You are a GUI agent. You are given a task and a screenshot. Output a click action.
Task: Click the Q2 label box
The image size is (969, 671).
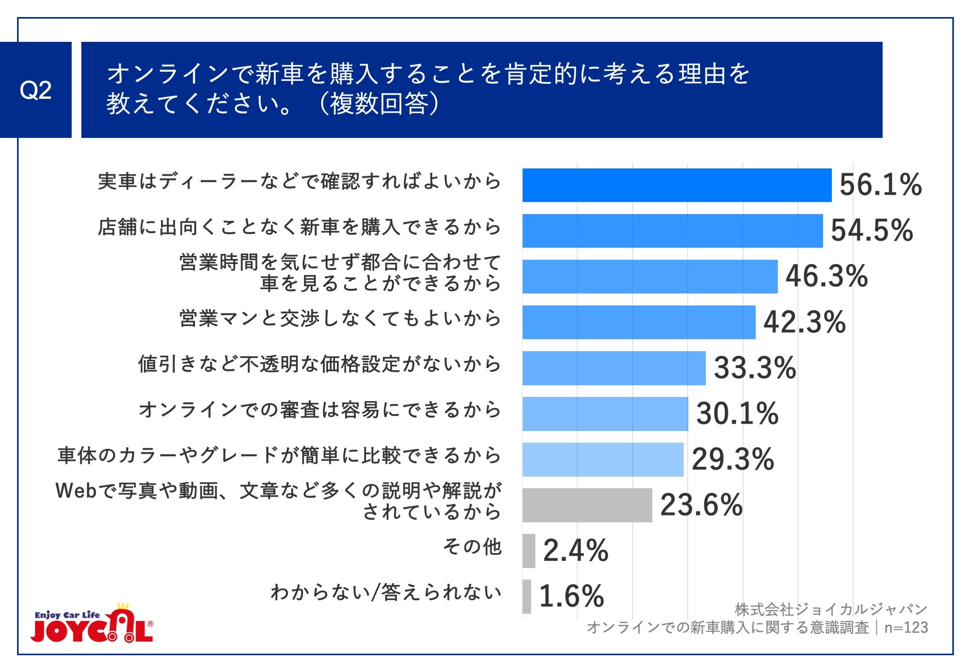[36, 90]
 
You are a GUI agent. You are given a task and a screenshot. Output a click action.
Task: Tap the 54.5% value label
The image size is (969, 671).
[871, 230]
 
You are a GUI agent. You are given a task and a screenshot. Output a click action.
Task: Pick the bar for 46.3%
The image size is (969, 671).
[650, 276]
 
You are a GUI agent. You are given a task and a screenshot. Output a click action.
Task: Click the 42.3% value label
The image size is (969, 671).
[804, 322]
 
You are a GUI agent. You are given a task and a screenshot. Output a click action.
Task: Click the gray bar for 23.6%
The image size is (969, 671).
[587, 505]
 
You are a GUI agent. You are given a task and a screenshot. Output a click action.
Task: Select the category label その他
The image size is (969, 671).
[472, 547]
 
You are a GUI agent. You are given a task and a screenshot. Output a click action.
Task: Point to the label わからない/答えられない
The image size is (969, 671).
[386, 592]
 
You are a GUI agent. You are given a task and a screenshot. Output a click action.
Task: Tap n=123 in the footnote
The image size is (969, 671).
[905, 627]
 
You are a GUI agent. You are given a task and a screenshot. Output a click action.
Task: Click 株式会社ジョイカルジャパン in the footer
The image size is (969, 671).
[831, 609]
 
